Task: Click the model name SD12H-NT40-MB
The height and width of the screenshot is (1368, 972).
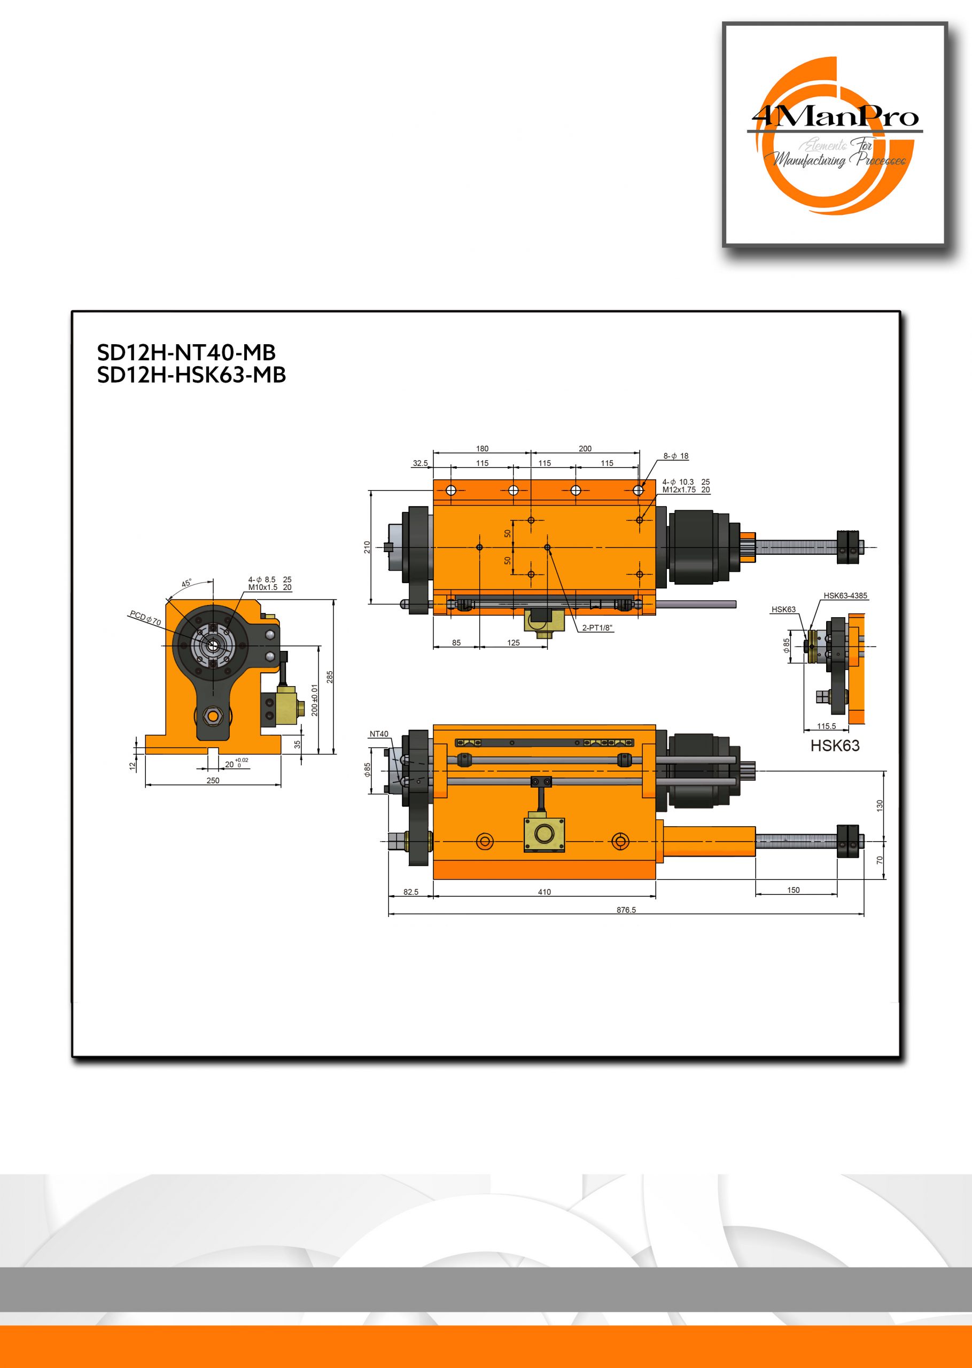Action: click(x=186, y=353)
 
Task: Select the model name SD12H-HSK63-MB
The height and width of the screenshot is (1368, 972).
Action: click(x=191, y=375)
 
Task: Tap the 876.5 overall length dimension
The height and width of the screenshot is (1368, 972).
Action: click(x=626, y=910)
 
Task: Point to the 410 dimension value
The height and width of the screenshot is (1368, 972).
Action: click(x=544, y=892)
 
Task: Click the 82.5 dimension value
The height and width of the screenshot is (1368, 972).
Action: click(x=410, y=892)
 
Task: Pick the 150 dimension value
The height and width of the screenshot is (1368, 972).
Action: click(x=793, y=890)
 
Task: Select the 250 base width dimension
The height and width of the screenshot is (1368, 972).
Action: click(x=213, y=780)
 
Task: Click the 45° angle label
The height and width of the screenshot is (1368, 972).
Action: click(x=186, y=583)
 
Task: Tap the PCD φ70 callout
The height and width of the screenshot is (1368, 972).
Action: click(x=145, y=618)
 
